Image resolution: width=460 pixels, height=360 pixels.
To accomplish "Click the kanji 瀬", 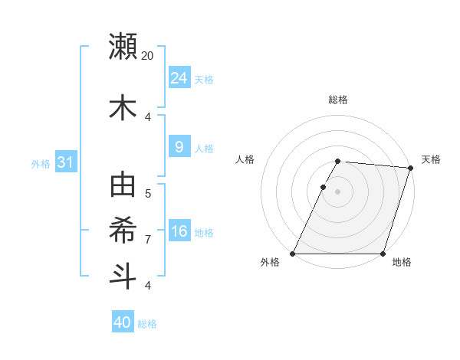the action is [x=123, y=47].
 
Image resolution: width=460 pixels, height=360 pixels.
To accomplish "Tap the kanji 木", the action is [x=123, y=108].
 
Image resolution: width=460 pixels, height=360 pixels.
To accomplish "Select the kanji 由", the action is [x=123, y=185].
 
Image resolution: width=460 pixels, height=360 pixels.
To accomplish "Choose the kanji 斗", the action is [x=123, y=276].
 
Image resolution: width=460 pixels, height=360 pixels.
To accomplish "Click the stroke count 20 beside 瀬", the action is [x=148, y=56].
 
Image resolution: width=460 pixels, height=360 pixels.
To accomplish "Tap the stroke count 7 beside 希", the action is [x=148, y=240].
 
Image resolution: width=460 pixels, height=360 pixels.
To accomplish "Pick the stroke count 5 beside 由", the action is [x=148, y=194].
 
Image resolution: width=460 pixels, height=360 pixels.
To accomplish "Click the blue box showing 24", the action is [x=179, y=78].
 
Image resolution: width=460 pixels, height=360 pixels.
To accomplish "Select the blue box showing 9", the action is [x=179, y=147].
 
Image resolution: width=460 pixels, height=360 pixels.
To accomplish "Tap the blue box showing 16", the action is [x=179, y=231].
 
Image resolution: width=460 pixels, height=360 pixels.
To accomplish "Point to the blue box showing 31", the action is [x=66, y=162].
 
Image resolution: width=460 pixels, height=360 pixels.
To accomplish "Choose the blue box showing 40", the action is [x=123, y=322].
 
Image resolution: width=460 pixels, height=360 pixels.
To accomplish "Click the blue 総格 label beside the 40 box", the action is [x=147, y=324].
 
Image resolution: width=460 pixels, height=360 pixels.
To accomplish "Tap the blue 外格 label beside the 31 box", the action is [x=41, y=163].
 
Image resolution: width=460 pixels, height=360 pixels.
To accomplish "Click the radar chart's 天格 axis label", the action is [x=431, y=159].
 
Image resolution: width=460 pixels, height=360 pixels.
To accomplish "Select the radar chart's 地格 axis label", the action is [x=402, y=262].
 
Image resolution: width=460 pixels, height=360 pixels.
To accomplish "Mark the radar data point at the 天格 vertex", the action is [x=411, y=168].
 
